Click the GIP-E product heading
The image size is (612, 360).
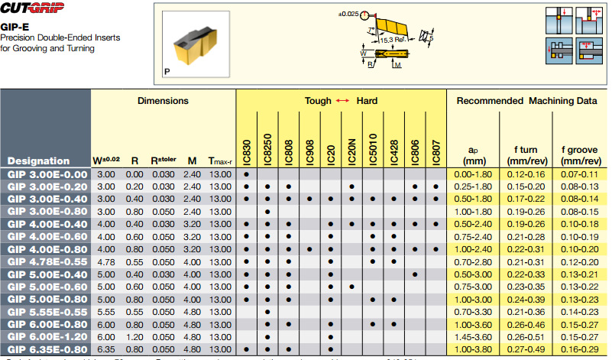click(x=15, y=25)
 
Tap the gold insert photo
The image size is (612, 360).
click(x=195, y=44)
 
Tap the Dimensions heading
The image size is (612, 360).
click(x=163, y=101)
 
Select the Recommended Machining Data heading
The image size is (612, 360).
click(x=526, y=101)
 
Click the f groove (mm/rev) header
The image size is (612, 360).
click(x=579, y=156)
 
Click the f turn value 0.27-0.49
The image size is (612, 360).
click(x=526, y=349)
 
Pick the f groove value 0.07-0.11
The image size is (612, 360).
click(x=579, y=174)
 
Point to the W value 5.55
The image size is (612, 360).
click(x=105, y=312)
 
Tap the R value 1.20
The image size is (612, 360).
click(x=134, y=336)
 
